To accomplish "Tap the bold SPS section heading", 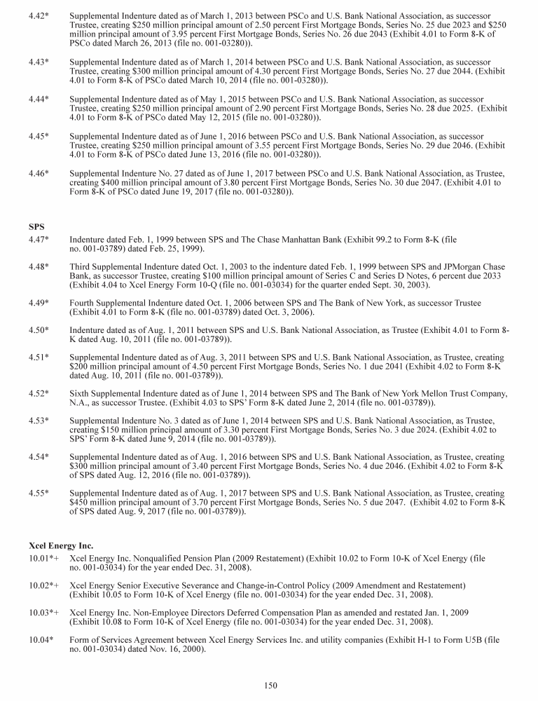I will (36, 227).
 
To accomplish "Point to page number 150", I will (271, 686).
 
